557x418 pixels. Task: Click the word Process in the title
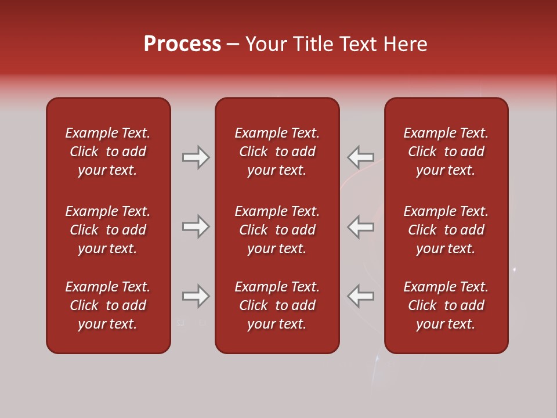coord(182,44)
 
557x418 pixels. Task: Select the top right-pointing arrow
coord(196,157)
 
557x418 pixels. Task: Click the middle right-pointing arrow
coord(196,226)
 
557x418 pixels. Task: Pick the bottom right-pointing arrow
coord(196,296)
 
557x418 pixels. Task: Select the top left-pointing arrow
coord(360,157)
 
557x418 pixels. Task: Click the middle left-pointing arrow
coord(360,226)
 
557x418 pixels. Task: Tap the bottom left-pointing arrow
coord(360,296)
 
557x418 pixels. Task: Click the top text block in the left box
coord(108,152)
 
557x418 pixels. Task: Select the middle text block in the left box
coord(108,230)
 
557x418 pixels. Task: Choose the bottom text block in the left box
coord(108,305)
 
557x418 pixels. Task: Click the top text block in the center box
coord(277,152)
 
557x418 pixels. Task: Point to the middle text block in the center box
coord(277,230)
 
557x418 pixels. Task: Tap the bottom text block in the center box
coord(277,305)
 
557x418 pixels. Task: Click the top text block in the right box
coord(446,152)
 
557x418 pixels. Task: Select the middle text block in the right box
coord(446,230)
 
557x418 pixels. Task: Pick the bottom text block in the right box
coord(446,305)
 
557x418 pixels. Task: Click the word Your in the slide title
coord(266,44)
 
